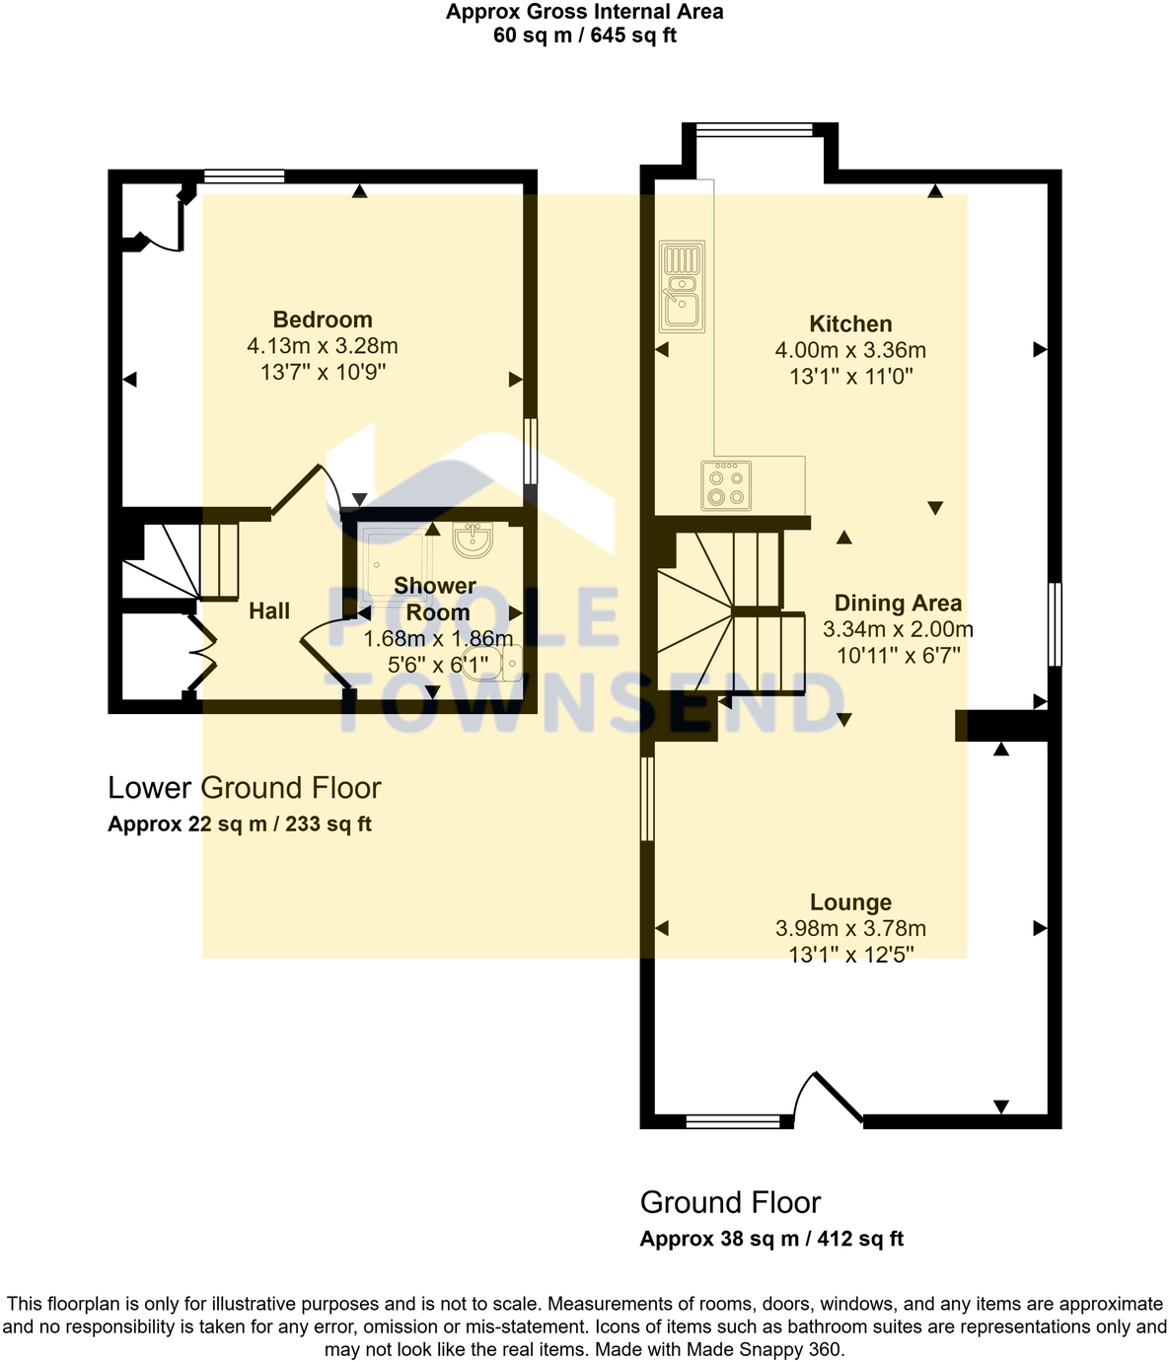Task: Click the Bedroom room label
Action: [323, 320]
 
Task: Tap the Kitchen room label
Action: [850, 323]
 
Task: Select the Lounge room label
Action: [850, 902]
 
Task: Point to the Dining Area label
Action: [898, 604]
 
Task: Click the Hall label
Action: [269, 611]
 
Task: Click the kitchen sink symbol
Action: [682, 287]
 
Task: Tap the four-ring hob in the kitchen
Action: [726, 485]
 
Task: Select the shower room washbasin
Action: [473, 538]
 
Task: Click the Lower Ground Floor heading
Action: [244, 788]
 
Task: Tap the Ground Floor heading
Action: [730, 1203]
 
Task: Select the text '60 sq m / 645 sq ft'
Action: [584, 36]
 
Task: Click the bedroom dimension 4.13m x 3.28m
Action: [323, 346]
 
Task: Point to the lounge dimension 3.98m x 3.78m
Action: [850, 929]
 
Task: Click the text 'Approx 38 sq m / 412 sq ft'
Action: [771, 1240]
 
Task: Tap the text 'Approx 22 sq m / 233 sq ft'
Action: [240, 824]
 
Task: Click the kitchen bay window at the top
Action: [754, 129]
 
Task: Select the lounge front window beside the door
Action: [733, 1120]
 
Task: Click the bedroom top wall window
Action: [245, 177]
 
